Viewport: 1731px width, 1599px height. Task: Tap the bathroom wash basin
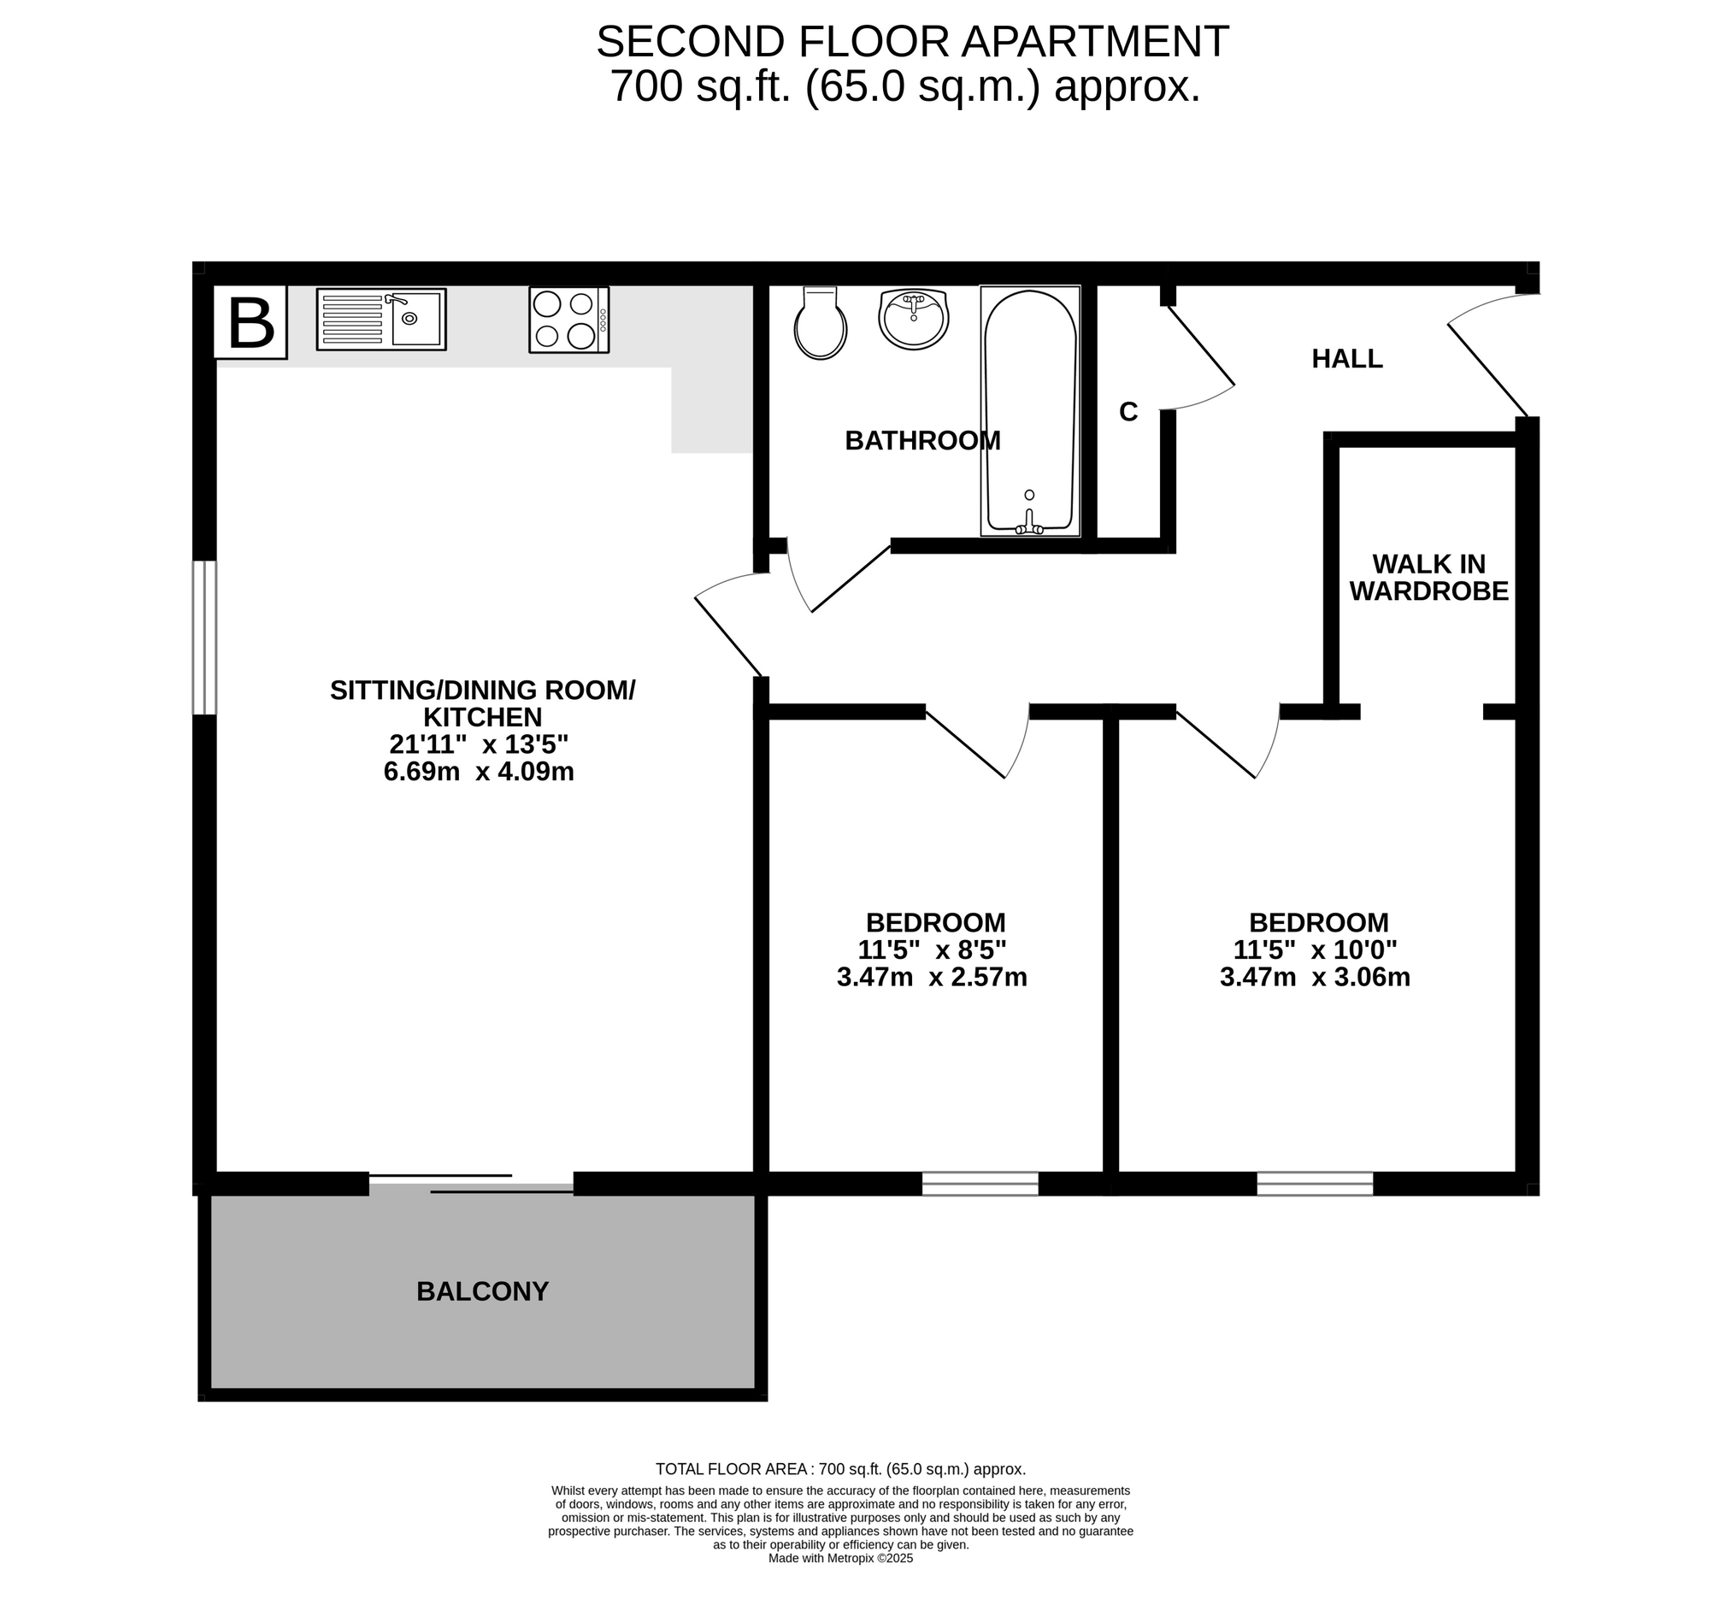coord(913,319)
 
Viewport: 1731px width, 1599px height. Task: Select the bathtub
coord(1030,411)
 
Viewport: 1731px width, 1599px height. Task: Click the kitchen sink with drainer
coord(381,320)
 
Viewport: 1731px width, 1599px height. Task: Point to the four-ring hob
coord(568,320)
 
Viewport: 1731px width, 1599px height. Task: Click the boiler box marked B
coord(250,322)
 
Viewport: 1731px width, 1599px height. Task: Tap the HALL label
coord(1346,358)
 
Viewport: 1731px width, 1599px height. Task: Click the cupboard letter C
coord(1128,413)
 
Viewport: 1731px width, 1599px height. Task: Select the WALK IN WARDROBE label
coord(1429,577)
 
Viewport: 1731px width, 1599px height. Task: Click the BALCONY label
coord(482,1291)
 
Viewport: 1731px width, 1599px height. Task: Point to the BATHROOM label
coord(922,440)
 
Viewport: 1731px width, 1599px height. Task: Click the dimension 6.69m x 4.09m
coord(479,771)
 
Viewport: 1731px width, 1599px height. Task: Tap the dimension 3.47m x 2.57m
coord(932,977)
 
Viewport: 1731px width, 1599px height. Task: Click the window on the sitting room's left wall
coord(204,638)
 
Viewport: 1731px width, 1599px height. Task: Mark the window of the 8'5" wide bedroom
coord(980,1183)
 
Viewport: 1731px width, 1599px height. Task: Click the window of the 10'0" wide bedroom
coord(1315,1183)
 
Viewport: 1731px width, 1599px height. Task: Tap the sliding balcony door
coord(472,1183)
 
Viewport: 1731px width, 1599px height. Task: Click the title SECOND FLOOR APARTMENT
coord(912,41)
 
